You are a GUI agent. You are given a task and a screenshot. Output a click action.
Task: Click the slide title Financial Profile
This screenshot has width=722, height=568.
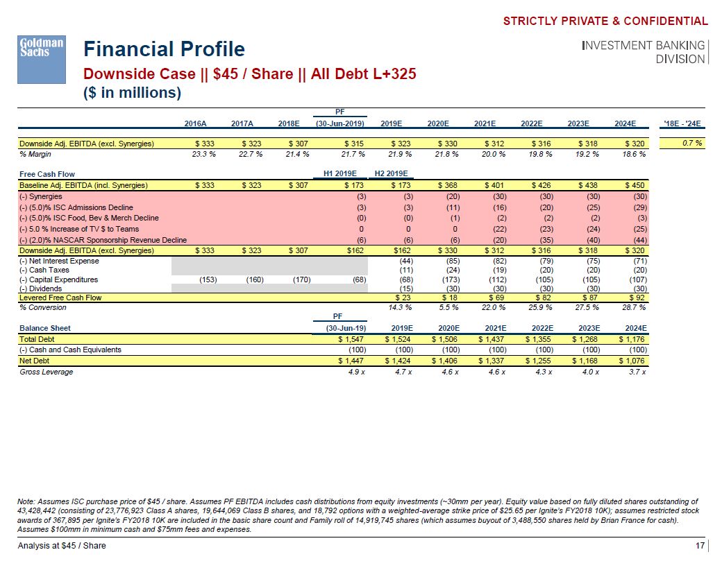[x=164, y=49]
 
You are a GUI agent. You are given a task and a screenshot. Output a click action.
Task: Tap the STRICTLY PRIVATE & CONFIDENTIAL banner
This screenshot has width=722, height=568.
[x=605, y=21]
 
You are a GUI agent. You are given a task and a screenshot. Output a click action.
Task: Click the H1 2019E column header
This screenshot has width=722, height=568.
[x=340, y=174]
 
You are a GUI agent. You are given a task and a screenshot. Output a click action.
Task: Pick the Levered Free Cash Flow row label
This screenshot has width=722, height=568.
[x=60, y=298]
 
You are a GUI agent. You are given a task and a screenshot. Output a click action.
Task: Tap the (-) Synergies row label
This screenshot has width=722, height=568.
[x=41, y=197]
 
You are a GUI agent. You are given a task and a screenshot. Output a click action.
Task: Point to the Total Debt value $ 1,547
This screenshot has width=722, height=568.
[x=351, y=339]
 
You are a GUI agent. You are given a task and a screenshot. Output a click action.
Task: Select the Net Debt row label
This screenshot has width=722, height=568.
[x=34, y=361]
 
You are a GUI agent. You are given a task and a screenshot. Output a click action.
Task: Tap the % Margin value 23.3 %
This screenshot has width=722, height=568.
[x=203, y=154]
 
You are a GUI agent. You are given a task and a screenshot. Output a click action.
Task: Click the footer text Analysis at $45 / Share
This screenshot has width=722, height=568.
[x=62, y=546]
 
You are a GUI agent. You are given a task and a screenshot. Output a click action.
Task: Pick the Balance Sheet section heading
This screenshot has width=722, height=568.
[x=45, y=328]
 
